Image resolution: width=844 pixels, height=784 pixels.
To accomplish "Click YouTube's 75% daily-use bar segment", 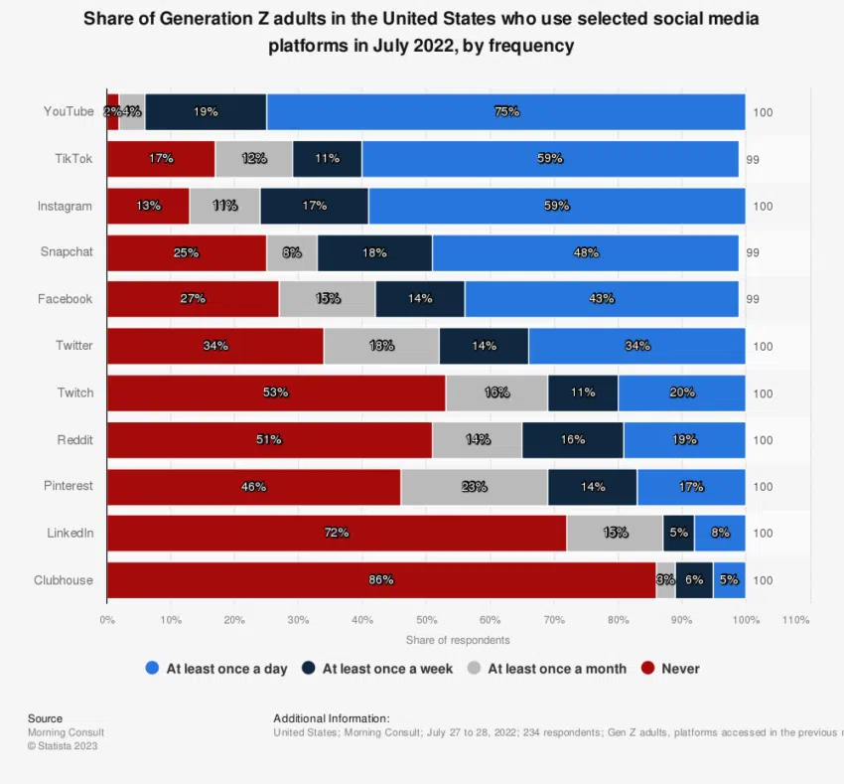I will [506, 112].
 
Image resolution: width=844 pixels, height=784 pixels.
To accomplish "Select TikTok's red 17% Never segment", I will [161, 159].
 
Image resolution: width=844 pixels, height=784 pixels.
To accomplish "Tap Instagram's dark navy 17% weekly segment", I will [314, 206].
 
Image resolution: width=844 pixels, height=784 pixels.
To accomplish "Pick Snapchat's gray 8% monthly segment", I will [292, 252].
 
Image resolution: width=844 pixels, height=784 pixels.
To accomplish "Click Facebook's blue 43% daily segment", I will [602, 299].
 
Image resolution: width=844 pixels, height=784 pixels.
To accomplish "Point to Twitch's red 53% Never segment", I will [276, 392].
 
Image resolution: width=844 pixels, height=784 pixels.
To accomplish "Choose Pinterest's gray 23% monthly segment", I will [474, 487].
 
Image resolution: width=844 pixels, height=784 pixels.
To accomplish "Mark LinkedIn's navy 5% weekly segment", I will [678, 534].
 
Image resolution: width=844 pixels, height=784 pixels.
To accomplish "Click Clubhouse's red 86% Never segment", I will [381, 580].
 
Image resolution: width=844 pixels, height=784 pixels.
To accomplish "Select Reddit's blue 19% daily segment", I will [684, 439].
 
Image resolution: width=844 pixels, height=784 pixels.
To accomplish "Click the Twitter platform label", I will [74, 346].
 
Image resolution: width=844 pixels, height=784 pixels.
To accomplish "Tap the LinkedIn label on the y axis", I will [70, 533].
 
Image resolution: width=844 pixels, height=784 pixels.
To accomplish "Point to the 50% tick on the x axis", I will [426, 620].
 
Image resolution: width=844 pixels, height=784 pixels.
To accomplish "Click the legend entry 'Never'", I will [680, 669].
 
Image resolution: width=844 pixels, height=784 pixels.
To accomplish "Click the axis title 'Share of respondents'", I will [458, 640].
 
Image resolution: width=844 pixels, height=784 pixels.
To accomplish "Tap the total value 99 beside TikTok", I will [752, 159].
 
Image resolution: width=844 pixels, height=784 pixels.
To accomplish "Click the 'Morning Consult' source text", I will [66, 732].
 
